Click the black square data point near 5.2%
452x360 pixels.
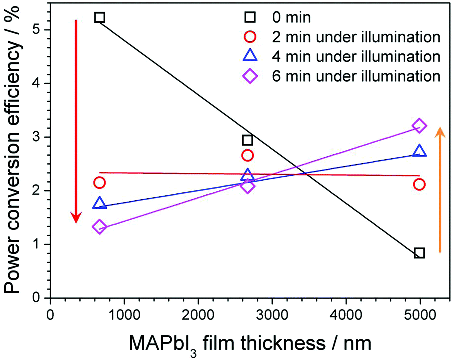99,18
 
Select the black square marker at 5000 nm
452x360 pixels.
419,253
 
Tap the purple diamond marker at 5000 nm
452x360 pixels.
419,125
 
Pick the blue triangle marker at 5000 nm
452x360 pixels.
419,151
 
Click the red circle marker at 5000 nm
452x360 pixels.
419,184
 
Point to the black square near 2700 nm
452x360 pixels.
247,140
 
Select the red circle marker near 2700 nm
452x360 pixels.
247,155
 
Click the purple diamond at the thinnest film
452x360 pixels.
99,227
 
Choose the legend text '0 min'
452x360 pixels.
293,18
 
